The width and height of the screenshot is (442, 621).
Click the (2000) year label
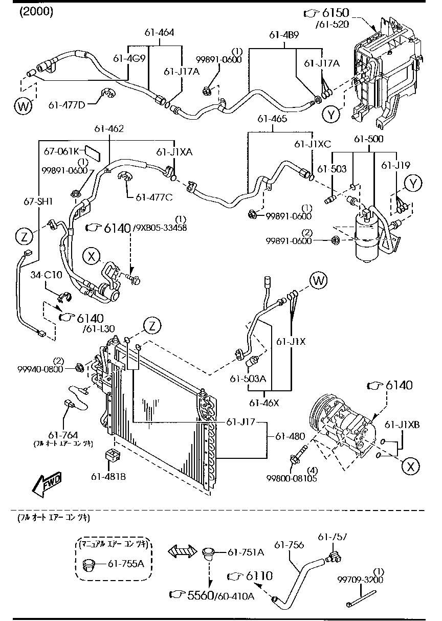(36, 12)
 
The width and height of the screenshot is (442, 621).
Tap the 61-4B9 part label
(284, 35)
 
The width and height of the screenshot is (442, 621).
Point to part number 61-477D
(67, 105)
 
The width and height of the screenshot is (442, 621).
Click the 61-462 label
(108, 129)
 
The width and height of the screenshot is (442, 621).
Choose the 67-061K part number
(61, 151)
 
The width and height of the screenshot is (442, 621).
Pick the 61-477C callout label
(153, 197)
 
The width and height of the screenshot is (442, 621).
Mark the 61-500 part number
(369, 139)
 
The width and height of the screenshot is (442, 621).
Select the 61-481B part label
(108, 477)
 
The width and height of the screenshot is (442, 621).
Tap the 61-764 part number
(63, 434)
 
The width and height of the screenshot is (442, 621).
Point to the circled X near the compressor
(410, 465)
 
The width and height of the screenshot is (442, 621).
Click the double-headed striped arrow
(183, 551)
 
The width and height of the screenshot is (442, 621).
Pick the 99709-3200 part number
(360, 580)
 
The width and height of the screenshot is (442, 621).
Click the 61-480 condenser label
(290, 436)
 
